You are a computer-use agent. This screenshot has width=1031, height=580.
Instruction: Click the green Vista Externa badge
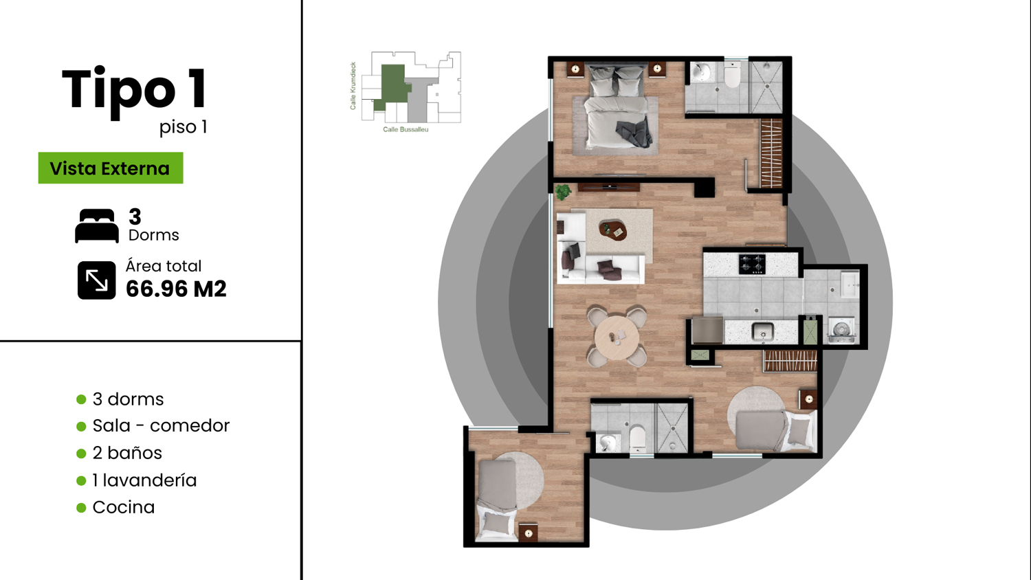click(111, 168)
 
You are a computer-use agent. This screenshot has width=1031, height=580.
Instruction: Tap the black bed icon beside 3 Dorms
click(97, 225)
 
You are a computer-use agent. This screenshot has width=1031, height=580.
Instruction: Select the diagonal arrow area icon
click(97, 280)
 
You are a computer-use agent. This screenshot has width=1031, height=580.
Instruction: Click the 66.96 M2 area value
click(176, 289)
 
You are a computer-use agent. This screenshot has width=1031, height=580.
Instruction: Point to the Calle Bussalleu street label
click(406, 129)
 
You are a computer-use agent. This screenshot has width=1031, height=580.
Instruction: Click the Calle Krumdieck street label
click(353, 86)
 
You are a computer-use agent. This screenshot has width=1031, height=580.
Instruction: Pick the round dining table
click(617, 337)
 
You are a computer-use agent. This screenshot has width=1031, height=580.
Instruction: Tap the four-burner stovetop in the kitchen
click(752, 264)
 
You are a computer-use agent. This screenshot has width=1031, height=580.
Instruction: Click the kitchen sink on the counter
click(763, 331)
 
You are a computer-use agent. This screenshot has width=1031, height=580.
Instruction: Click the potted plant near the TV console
click(562, 192)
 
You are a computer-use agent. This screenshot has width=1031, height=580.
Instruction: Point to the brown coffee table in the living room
click(613, 230)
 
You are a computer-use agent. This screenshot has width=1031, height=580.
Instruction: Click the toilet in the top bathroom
click(732, 75)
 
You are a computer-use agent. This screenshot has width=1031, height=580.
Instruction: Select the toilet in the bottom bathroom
click(637, 438)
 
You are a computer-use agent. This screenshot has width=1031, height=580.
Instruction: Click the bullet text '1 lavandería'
click(144, 480)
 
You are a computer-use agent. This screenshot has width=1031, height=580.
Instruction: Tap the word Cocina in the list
click(123, 507)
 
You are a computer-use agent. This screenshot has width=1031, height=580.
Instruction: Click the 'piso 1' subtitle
click(184, 127)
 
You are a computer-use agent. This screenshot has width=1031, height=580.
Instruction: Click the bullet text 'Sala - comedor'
click(161, 426)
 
